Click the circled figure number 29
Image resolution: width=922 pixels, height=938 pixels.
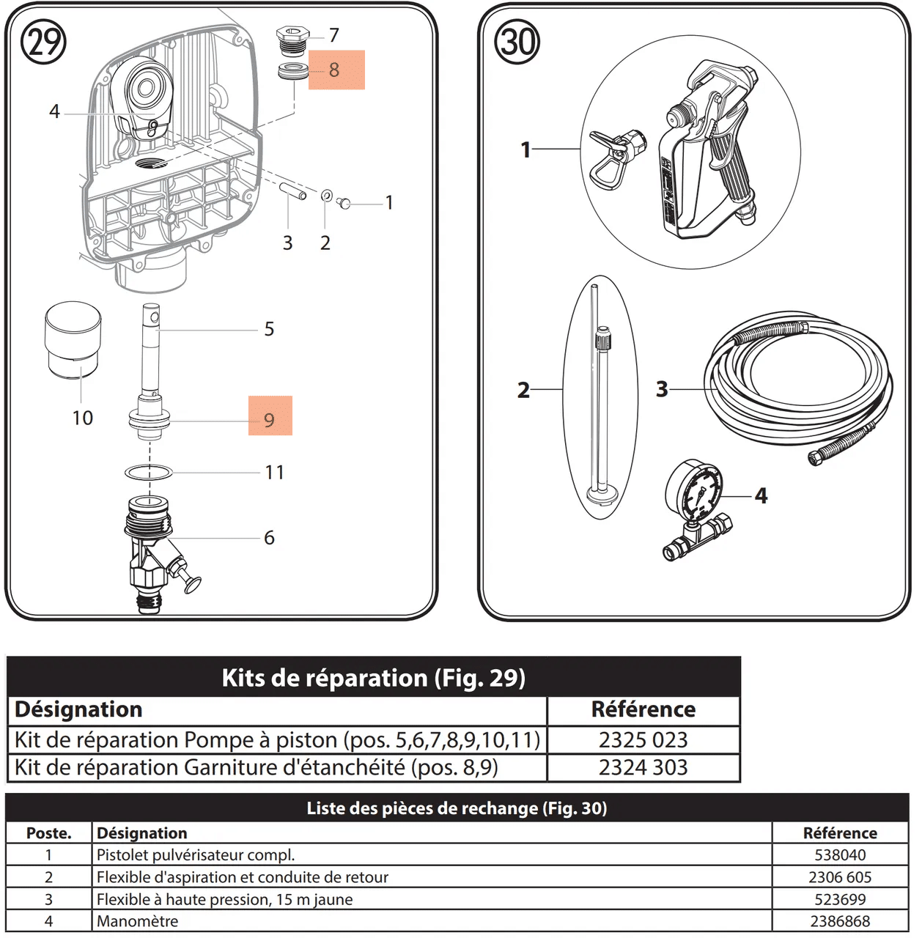click(43, 42)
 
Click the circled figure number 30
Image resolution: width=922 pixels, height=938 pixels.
click(517, 42)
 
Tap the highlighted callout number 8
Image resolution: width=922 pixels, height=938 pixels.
click(335, 70)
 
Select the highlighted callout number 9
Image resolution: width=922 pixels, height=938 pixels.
click(270, 419)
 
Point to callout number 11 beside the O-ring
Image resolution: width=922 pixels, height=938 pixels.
click(275, 472)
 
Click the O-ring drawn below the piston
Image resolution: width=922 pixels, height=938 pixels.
click(149, 473)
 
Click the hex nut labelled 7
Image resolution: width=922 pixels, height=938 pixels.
click(292, 37)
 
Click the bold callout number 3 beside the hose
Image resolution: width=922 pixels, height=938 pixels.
click(662, 388)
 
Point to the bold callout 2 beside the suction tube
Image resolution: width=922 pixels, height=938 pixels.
click(523, 389)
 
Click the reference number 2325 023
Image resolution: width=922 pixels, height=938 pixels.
click(643, 739)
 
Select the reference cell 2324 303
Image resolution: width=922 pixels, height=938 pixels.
click(643, 767)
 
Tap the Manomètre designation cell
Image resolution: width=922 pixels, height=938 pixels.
click(138, 921)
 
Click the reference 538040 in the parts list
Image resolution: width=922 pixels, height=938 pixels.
click(840, 855)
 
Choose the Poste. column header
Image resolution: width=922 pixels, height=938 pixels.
click(48, 833)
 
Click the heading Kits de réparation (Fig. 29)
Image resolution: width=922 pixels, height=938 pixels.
click(373, 677)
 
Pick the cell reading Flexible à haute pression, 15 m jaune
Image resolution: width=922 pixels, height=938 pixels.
click(225, 899)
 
